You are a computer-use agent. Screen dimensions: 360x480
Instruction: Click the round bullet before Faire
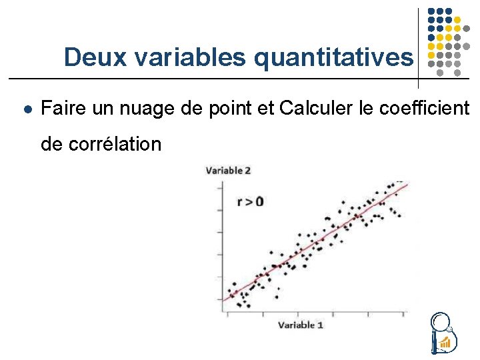pos(26,108)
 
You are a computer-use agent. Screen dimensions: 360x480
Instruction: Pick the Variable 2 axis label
pos(229,170)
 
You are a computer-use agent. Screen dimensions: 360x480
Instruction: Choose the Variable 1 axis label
pos(301,325)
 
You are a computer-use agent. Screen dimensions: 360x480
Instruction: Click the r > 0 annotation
pos(251,201)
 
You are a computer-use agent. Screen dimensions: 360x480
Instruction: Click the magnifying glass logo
pos(441,331)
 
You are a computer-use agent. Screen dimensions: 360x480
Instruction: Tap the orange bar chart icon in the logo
pos(445,343)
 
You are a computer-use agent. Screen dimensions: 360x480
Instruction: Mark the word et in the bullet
pos(265,108)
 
